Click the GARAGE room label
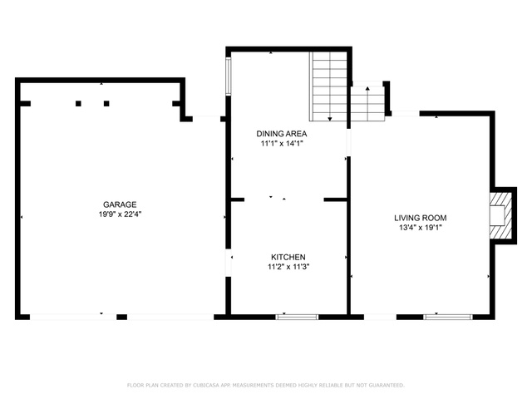point(120,204)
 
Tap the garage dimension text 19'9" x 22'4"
point(120,214)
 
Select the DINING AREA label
point(282,134)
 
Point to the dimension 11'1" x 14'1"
point(282,144)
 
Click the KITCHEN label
point(288,257)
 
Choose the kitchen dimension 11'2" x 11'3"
point(288,267)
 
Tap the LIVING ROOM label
point(421,218)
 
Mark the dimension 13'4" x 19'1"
point(421,228)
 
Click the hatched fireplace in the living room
point(500,216)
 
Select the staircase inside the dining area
point(328,86)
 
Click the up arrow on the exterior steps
point(367,89)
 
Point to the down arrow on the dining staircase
point(330,119)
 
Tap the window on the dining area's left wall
point(229,76)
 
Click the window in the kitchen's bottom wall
point(297,318)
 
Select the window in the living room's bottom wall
point(448,318)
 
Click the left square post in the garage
point(78,103)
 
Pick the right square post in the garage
point(106,103)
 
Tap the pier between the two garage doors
point(122,318)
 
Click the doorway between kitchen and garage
point(229,264)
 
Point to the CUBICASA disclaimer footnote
point(266,385)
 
